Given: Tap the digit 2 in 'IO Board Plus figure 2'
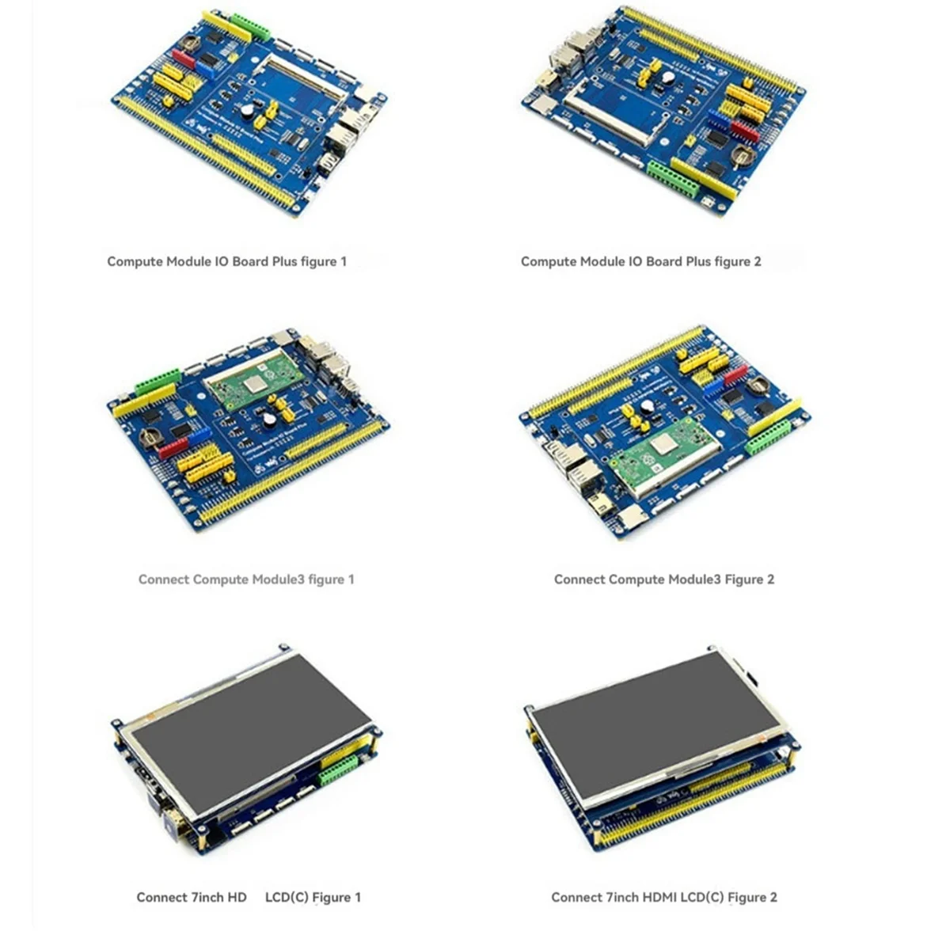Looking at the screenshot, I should [x=757, y=261].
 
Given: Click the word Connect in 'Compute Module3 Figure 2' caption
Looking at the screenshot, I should [x=578, y=579].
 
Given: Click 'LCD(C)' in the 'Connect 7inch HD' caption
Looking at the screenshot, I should [x=286, y=897].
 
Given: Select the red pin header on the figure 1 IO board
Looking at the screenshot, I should [x=183, y=59].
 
